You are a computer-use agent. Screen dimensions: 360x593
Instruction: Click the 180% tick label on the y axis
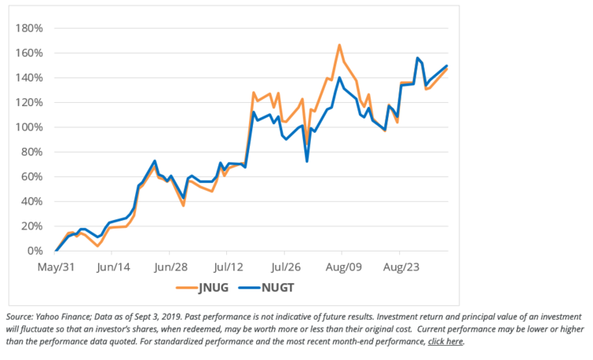click(29, 28)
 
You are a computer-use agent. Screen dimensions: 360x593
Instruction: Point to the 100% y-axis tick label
click(29, 127)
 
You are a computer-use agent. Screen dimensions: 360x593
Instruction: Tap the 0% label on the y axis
click(36, 251)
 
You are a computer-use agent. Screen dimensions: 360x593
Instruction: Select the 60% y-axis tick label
click(32, 176)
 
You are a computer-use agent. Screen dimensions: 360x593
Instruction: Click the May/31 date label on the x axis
click(55, 267)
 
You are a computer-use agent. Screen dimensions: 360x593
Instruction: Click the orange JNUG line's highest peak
click(339, 45)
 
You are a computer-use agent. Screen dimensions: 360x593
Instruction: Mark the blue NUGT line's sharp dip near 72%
click(307, 161)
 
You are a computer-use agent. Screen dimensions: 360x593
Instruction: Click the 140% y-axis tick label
click(29, 78)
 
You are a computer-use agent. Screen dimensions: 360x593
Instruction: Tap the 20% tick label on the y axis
click(32, 226)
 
